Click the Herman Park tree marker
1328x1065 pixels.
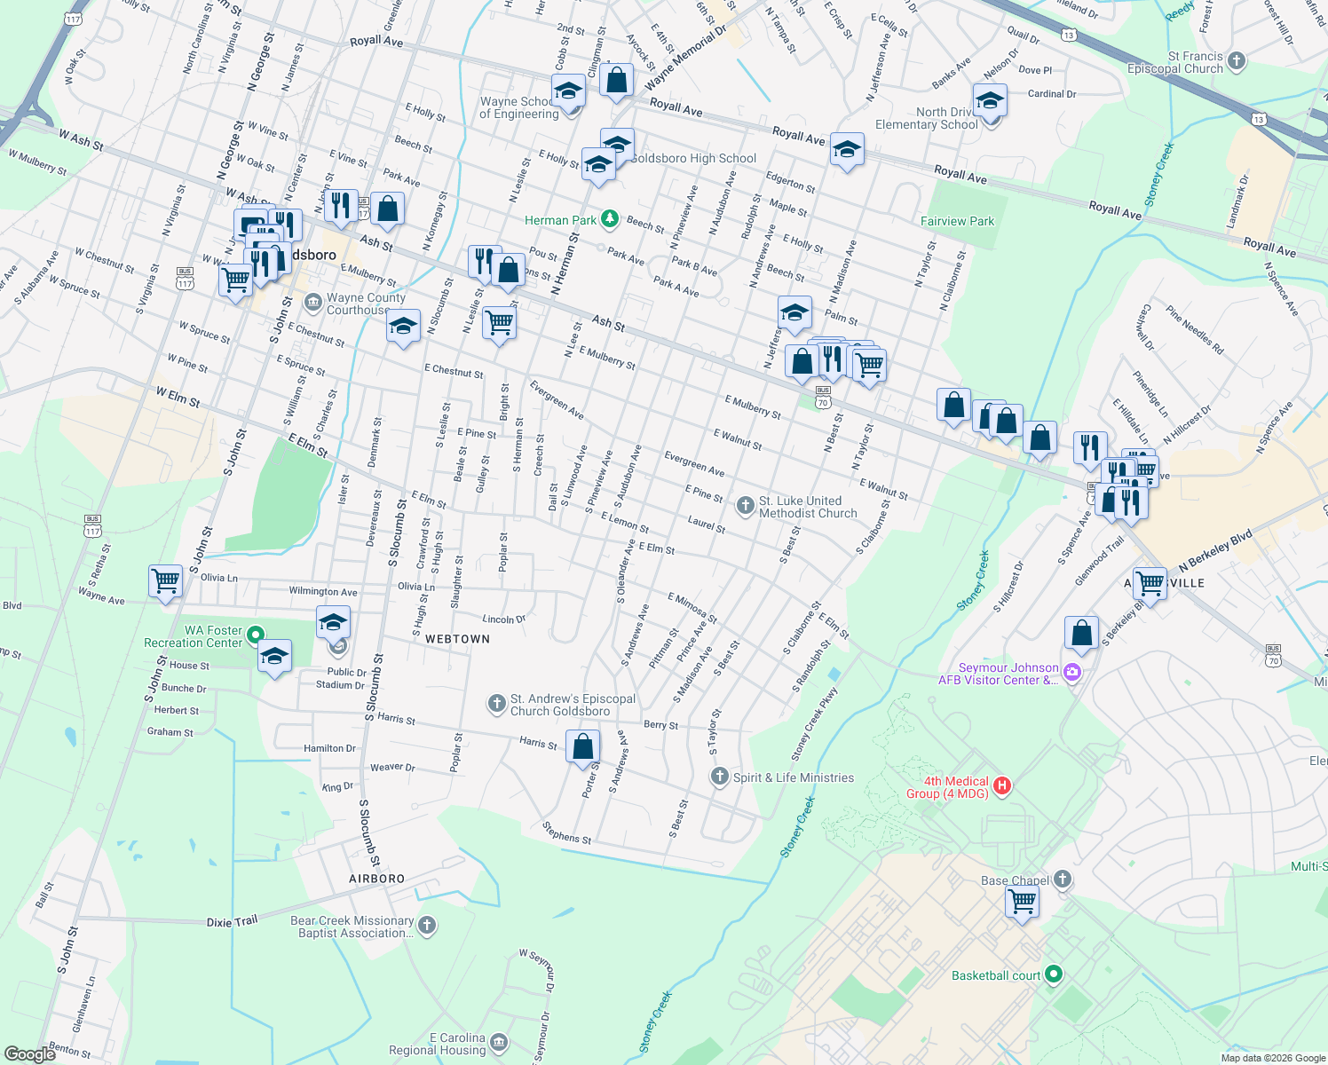pos(609,219)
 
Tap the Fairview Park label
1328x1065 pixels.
pos(957,221)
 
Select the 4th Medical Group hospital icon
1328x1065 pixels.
pos(1002,785)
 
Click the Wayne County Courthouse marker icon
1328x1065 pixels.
pos(312,304)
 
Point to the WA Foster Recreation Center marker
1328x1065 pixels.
pos(256,635)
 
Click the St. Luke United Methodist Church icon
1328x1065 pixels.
pos(746,506)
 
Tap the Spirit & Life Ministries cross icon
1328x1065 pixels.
pos(719,777)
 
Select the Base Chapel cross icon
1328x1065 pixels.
pos(1063,880)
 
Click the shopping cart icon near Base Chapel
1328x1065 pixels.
pos(1022,902)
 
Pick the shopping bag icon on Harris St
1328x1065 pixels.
pos(583,747)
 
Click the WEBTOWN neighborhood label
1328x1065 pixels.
pos(457,639)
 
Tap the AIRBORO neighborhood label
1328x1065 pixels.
pos(376,879)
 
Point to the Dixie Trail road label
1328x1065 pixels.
pos(232,922)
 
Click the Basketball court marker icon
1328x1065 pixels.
pos(1054,974)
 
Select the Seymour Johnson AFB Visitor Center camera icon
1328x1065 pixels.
pos(1071,672)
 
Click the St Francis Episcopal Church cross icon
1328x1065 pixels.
pos(1237,61)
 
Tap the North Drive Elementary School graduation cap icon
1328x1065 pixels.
pos(990,102)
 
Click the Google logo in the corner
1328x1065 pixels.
pos(30,1053)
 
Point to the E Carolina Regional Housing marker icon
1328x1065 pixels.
pos(499,1042)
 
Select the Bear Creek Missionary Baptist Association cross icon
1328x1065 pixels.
pos(427,926)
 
